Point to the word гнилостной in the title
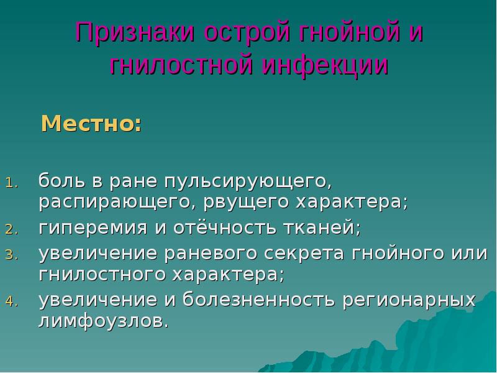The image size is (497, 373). pos(178,65)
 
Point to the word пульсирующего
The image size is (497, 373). pos(245,182)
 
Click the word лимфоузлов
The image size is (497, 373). pos(103,321)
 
